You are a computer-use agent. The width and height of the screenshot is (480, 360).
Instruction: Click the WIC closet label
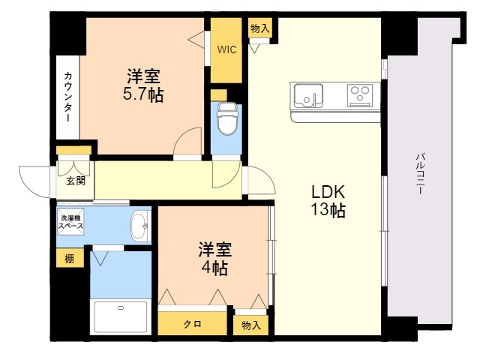tap(226, 49)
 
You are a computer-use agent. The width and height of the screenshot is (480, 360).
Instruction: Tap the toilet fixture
tap(226, 118)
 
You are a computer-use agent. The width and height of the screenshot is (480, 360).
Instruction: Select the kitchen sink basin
tap(308, 95)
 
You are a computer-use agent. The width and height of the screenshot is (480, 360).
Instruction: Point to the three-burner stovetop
tap(360, 95)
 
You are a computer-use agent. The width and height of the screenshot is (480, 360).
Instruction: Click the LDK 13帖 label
tap(328, 201)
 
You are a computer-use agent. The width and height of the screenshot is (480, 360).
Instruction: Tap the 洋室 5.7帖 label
tap(143, 85)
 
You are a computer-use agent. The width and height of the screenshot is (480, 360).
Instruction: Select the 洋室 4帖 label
tap(214, 259)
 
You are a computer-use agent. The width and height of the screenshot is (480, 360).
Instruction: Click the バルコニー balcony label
tap(419, 173)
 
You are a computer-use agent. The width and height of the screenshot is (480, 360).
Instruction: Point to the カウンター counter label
tap(68, 97)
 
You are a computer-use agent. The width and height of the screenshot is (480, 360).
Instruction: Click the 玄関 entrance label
tap(76, 181)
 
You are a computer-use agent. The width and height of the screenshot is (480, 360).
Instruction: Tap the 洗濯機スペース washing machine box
tap(70, 222)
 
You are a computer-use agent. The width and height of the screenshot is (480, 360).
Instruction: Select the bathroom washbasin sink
tap(139, 226)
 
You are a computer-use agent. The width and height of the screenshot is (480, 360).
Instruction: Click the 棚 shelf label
tap(70, 259)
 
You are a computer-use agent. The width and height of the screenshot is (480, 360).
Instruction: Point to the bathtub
tap(120, 316)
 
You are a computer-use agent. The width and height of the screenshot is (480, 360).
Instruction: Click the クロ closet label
tap(192, 324)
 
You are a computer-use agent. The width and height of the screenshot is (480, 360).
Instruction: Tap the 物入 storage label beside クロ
tap(251, 325)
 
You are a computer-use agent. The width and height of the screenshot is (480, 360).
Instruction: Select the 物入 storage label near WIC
tap(259, 28)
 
